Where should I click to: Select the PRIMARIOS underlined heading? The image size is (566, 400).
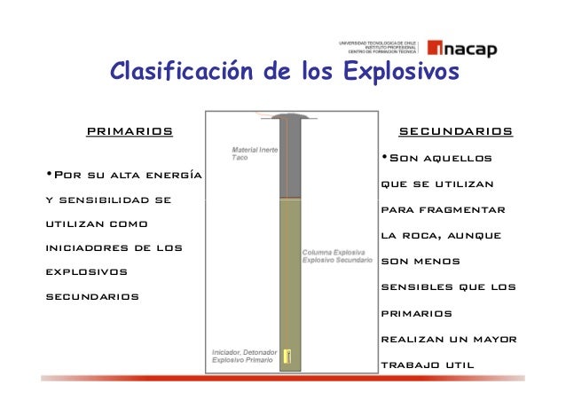tap(129, 132)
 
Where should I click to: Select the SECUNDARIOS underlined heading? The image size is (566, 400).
tap(455, 132)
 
